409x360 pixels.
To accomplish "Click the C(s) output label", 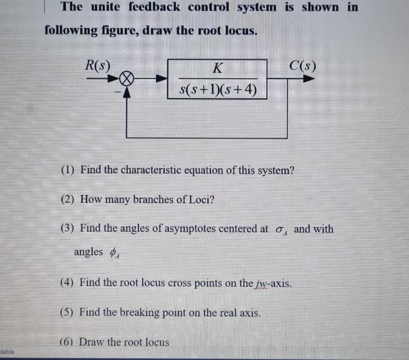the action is click(x=302, y=65).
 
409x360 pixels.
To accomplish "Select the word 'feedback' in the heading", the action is click(x=154, y=7).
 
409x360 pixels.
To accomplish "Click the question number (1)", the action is click(x=68, y=171).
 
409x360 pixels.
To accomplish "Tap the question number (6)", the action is click(x=67, y=342).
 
